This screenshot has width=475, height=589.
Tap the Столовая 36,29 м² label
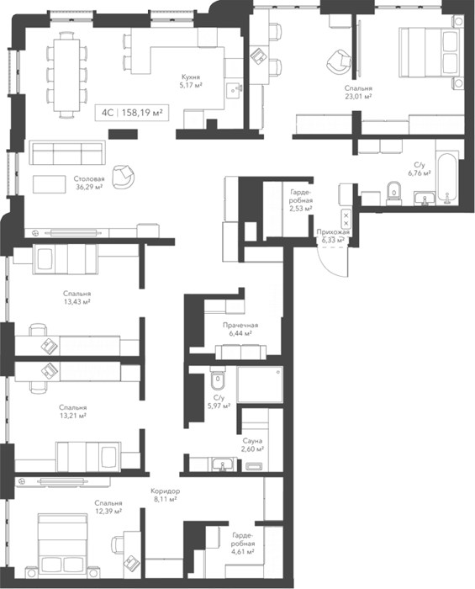click(x=89, y=183)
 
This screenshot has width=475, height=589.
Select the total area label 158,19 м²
click(x=143, y=112)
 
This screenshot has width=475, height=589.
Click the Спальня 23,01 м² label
click(x=358, y=92)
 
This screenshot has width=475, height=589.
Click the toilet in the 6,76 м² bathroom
click(x=393, y=194)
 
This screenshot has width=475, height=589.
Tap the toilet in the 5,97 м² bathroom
click(x=217, y=379)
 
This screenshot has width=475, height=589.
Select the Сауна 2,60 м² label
click(x=252, y=445)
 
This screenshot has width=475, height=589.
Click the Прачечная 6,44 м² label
click(x=240, y=329)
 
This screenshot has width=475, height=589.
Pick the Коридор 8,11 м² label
click(x=165, y=495)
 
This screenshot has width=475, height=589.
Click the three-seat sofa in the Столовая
click(x=67, y=153)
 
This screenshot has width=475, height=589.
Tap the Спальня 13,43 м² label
click(x=77, y=298)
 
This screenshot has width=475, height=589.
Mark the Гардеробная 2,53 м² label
click(x=301, y=199)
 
